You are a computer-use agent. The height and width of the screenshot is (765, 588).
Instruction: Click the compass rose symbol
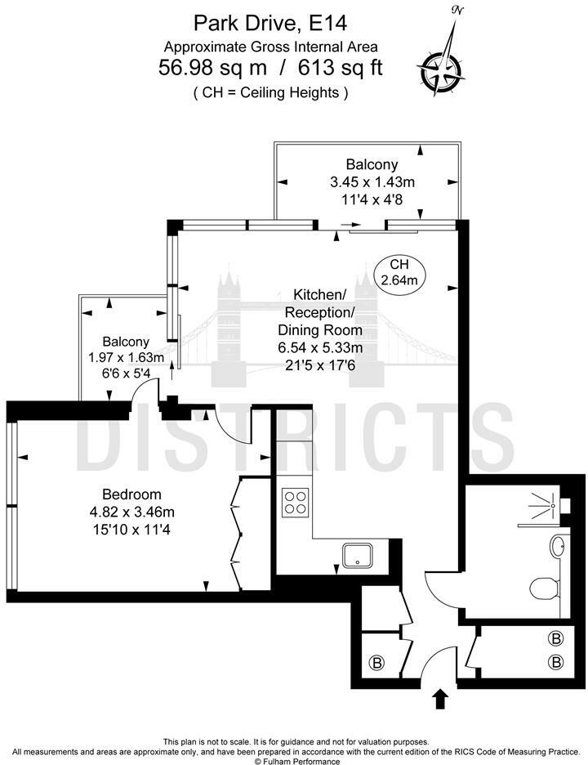coord(441,66)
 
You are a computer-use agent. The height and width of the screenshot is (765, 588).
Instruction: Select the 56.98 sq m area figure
coord(209,68)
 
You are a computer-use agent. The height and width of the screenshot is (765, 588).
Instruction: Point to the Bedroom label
coord(131,494)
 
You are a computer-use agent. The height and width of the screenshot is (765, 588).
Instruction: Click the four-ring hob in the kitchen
coord(295,501)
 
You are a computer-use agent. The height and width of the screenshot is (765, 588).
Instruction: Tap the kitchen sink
coord(358,557)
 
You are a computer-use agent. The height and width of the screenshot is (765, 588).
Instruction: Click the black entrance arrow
coord(440,698)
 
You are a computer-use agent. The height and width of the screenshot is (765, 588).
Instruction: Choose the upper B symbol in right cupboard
coord(556,638)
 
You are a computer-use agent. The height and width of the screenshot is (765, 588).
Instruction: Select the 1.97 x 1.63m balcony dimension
coord(126,357)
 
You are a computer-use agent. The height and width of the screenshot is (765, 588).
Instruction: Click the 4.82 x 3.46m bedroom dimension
coord(138,512)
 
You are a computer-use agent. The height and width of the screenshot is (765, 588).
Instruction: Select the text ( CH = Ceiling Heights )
coord(270,92)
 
